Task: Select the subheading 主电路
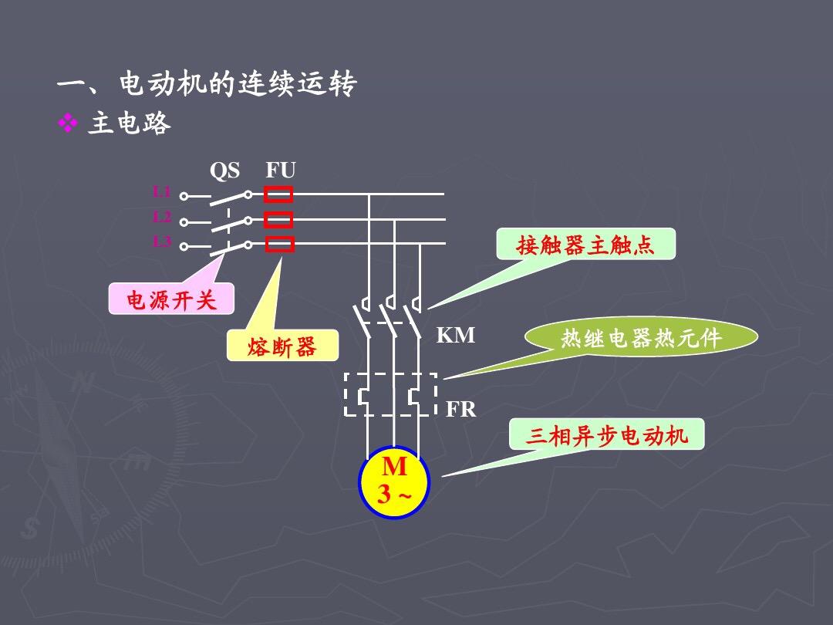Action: pyautogui.click(x=129, y=124)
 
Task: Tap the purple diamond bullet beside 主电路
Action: pyautogui.click(x=69, y=124)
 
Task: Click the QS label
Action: pyautogui.click(x=224, y=171)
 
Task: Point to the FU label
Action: pyautogui.click(x=281, y=171)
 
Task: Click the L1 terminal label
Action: pyautogui.click(x=161, y=191)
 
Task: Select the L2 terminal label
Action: pyautogui.click(x=161, y=216)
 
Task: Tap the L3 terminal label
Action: pyautogui.click(x=161, y=242)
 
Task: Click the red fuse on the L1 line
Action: pyautogui.click(x=278, y=194)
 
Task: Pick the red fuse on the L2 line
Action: pyautogui.click(x=278, y=220)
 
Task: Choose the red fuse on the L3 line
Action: pyautogui.click(x=279, y=245)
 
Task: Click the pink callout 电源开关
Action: pyautogui.click(x=171, y=299)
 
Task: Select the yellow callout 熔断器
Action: pyautogui.click(x=282, y=346)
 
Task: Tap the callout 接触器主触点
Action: pyautogui.click(x=585, y=245)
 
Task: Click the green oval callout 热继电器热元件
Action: pyautogui.click(x=641, y=338)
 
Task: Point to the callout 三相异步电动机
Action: pyautogui.click(x=605, y=435)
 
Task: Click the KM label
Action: pyautogui.click(x=456, y=336)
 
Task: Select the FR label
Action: pyautogui.click(x=461, y=410)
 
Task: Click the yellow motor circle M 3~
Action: pyautogui.click(x=393, y=482)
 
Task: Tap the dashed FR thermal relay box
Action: pyautogui.click(x=390, y=394)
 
